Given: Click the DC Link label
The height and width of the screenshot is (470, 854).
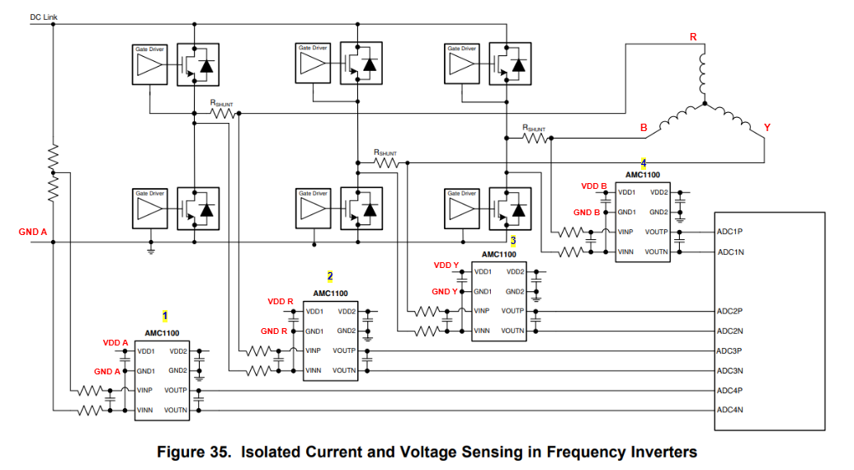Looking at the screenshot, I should [x=43, y=16].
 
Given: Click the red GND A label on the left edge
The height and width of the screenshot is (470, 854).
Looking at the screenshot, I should [x=33, y=233].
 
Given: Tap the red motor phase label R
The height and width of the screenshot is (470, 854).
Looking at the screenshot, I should [x=693, y=38].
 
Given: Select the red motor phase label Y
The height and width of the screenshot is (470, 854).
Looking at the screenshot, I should [x=767, y=128].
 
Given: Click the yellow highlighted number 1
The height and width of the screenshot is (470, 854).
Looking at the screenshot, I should [x=165, y=315].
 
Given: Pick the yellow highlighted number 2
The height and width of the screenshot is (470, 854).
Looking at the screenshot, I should [x=330, y=275].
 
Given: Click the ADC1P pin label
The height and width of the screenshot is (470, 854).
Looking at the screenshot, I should [x=730, y=232].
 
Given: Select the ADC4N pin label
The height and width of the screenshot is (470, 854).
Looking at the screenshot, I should [x=730, y=410].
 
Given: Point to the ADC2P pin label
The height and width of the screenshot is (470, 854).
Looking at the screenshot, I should [x=730, y=311].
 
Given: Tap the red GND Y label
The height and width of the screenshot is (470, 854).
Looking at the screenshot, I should [x=445, y=292].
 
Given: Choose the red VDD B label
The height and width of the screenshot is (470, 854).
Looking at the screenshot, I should [x=594, y=186].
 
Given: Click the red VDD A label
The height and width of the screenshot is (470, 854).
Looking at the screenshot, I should [x=116, y=342].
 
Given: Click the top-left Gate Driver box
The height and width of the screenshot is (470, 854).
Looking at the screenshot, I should [x=150, y=63].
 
